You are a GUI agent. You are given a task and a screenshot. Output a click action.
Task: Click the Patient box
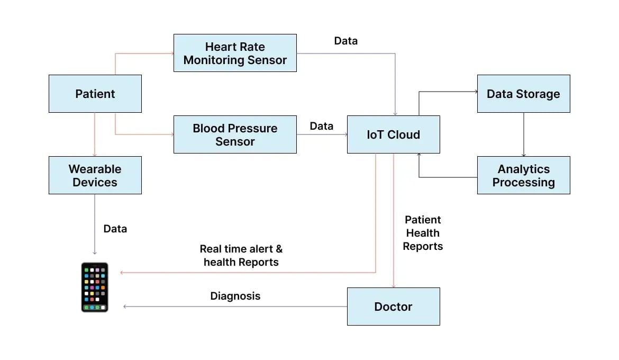[x=95, y=94]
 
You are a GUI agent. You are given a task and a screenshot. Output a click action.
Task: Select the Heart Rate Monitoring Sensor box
[x=235, y=53]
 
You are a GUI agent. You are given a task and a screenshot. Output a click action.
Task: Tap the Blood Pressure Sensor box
[x=235, y=134]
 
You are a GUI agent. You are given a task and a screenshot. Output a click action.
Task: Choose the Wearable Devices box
[x=95, y=175]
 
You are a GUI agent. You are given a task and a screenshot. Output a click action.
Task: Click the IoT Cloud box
[x=393, y=134]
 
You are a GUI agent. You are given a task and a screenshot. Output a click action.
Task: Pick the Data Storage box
[x=523, y=94]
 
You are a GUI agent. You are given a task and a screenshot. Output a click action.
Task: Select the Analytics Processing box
[x=523, y=175]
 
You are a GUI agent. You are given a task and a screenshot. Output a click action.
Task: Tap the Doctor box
[x=393, y=307]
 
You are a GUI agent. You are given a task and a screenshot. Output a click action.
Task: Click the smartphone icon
[x=95, y=287]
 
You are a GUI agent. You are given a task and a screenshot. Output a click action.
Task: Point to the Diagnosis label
[x=235, y=296]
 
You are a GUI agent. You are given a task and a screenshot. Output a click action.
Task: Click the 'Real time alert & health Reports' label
[x=241, y=255]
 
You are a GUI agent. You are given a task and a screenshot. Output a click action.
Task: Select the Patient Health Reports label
[x=423, y=233]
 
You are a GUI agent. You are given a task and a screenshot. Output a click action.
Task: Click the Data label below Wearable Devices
[x=115, y=229]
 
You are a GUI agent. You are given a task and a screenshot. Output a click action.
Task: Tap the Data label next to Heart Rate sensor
[x=346, y=41]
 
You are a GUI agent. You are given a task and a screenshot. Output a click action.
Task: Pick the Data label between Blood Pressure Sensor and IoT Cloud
[x=322, y=126]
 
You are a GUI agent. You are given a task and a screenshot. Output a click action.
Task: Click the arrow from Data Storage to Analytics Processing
[x=524, y=134]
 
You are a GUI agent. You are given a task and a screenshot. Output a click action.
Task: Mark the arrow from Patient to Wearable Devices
[x=95, y=134]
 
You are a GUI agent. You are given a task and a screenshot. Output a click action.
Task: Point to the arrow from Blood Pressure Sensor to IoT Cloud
[x=322, y=134]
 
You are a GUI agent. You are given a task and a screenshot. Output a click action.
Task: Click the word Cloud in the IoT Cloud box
[x=404, y=134]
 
